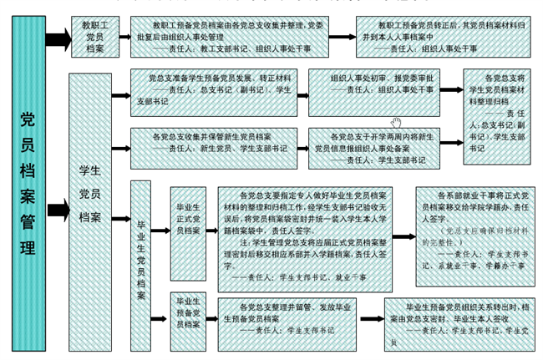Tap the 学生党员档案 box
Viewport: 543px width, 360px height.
click(89, 205)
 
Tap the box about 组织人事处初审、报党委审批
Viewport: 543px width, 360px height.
click(373, 87)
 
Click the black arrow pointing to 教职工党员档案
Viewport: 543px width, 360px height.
click(57, 39)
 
